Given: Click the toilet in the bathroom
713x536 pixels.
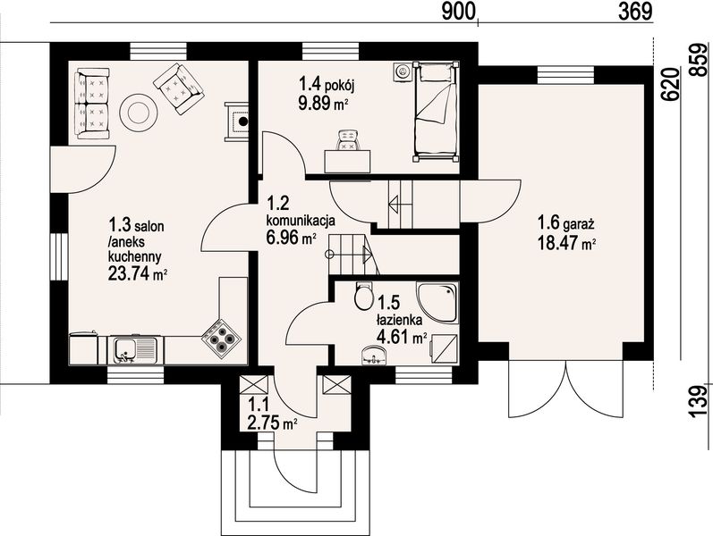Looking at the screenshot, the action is [363, 296].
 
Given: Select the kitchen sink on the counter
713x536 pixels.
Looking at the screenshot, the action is [132, 350].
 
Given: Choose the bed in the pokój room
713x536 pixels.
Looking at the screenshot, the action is [435, 112].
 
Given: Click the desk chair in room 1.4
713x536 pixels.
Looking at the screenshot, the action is [348, 140].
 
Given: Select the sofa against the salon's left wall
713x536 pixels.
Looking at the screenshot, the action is [92, 103].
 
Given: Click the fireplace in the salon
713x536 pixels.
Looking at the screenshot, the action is [237, 121].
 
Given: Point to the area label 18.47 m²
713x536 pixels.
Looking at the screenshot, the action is [567, 244].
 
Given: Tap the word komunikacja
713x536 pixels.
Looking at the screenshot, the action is [301, 221].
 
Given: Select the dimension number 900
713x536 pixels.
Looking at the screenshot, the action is [458, 11].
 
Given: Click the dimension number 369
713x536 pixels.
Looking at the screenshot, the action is [635, 11].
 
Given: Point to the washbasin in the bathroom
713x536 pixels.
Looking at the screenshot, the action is [373, 356].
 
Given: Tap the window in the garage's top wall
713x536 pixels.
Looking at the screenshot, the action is [565, 75].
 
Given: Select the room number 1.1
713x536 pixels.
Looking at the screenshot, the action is [259, 405].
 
